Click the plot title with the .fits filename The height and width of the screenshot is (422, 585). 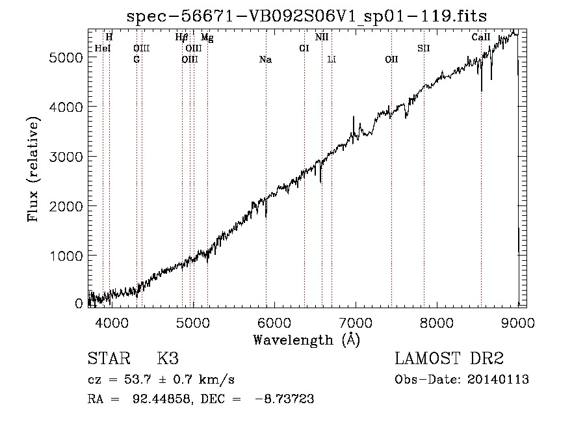[307, 16]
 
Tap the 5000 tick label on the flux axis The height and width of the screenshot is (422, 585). [66, 57]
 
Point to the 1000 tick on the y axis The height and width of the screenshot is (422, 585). [66, 256]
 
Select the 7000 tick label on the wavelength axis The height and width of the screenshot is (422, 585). [356, 323]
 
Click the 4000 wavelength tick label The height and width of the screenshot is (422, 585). [112, 323]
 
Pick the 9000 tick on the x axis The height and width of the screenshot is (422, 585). [518, 323]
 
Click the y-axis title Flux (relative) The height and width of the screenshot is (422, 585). [33, 170]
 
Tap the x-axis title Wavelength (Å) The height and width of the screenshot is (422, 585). [307, 340]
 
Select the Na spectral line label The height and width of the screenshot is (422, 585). [266, 60]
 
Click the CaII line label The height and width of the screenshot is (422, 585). [481, 37]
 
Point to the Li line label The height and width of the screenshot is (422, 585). [331, 59]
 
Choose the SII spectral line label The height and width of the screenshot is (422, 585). [424, 48]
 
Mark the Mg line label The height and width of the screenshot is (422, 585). [207, 37]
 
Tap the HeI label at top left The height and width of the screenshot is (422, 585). [103, 48]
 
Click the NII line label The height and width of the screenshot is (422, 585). [322, 37]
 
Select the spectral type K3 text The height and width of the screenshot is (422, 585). [168, 358]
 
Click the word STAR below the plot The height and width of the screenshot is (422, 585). [109, 358]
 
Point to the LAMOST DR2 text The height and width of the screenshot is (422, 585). [449, 358]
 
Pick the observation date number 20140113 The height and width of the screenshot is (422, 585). [498, 380]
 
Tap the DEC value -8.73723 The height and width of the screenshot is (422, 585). [285, 399]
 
